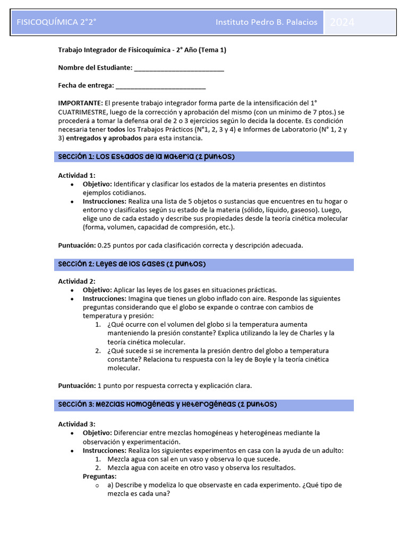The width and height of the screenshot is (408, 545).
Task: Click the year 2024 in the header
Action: point(342,22)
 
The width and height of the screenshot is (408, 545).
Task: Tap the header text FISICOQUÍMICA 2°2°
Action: point(56,22)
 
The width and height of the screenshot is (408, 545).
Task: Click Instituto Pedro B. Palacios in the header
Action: point(266,22)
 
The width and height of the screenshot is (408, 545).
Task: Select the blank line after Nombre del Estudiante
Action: point(179,68)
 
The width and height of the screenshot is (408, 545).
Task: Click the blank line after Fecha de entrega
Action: point(160,86)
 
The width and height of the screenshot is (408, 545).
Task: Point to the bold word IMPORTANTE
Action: point(80,103)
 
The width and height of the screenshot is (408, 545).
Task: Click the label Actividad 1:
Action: point(76,175)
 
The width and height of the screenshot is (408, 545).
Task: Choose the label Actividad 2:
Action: point(76,281)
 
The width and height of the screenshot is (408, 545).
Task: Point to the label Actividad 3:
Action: point(76,424)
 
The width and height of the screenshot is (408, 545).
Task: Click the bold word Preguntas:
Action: point(99,476)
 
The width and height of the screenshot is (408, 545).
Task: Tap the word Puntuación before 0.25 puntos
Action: point(76,245)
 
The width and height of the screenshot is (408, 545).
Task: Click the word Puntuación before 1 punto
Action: point(76,385)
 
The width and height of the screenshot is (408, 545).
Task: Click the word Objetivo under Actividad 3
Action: point(97,433)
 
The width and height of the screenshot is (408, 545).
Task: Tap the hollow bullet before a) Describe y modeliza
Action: point(97,485)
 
